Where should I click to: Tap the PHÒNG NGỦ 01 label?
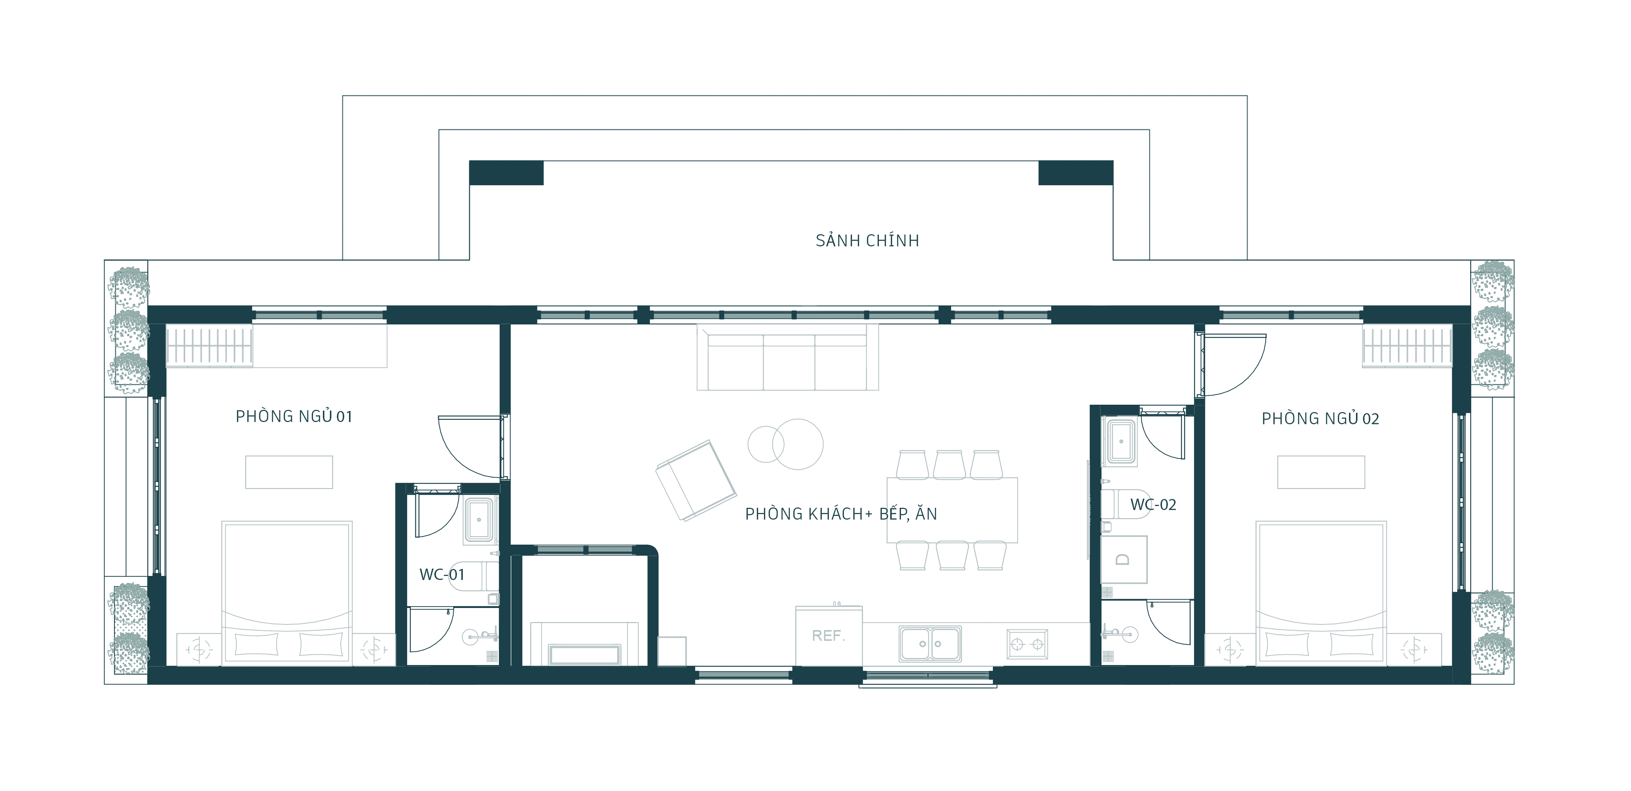click(294, 416)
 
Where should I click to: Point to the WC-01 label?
click(442, 574)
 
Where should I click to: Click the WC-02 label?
click(1153, 505)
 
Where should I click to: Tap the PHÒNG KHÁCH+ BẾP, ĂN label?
click(841, 514)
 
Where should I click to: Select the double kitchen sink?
click(930, 643)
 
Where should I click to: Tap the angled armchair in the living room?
click(696, 481)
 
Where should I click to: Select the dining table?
click(952, 510)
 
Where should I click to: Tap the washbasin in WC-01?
click(479, 520)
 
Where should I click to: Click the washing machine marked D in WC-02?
click(1124, 560)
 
